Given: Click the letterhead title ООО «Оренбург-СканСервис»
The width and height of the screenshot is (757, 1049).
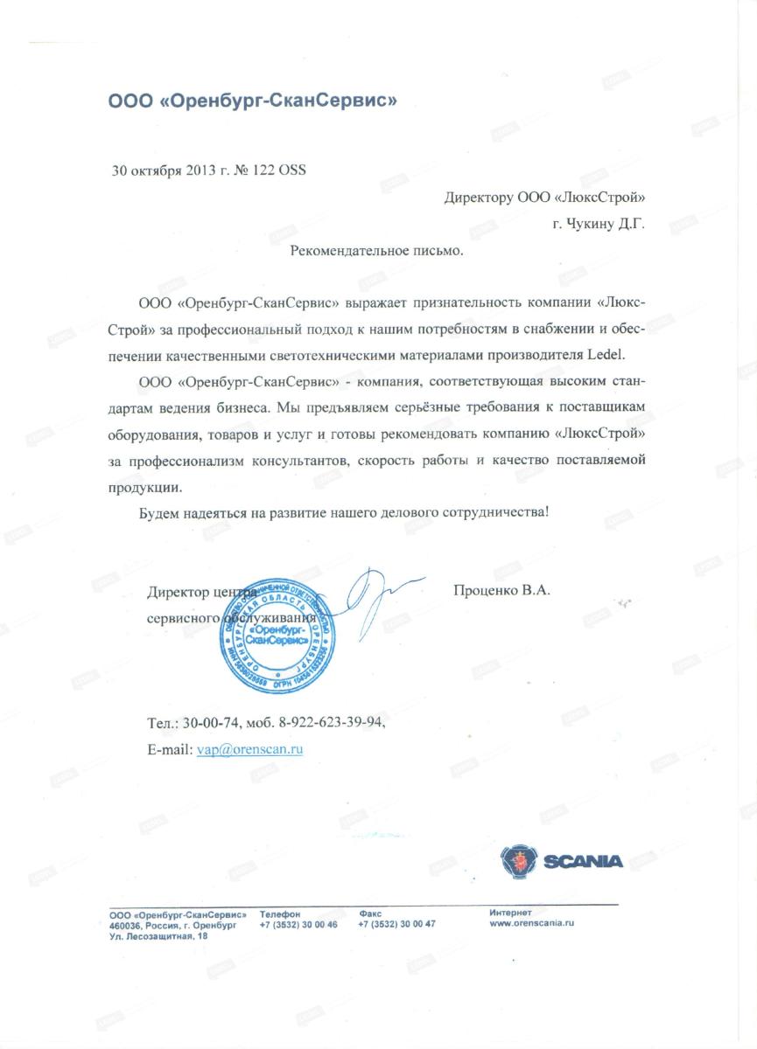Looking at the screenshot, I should pos(252,100).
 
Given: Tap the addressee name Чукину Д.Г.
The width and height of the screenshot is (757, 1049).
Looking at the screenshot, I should pos(605,224).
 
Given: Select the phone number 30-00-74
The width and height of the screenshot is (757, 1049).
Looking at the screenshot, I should pos(214,724).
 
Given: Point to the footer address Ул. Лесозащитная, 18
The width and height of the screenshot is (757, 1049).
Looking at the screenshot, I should pos(158,936).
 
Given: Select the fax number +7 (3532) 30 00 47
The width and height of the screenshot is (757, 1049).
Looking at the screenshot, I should pos(396,924).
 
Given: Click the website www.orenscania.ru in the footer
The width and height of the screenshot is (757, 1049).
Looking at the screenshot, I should pos(531,923).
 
